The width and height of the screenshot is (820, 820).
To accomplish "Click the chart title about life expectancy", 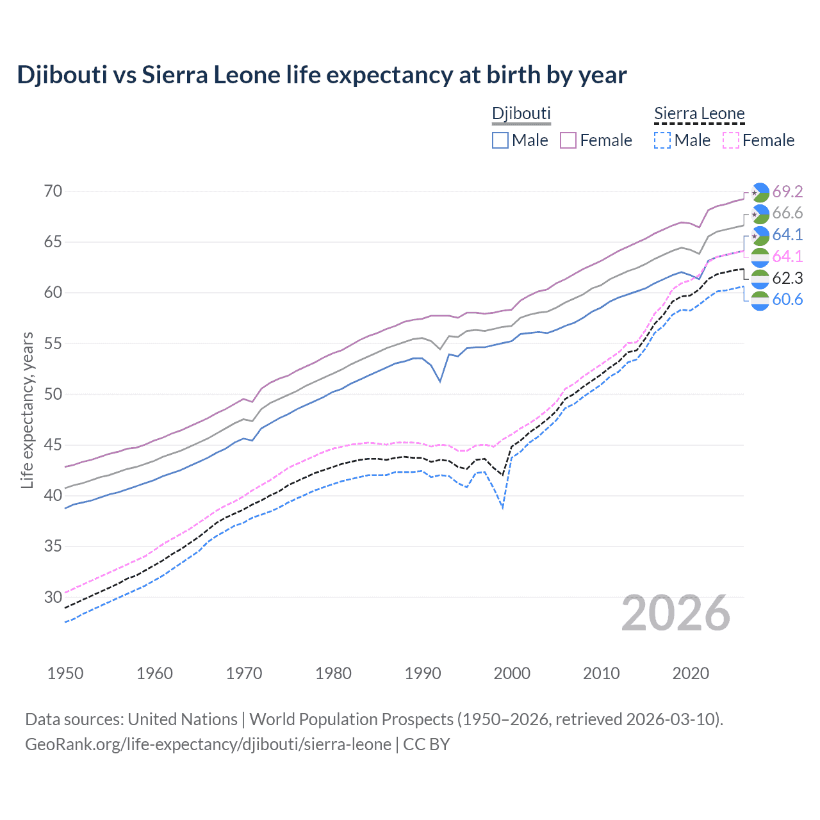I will click(322, 75).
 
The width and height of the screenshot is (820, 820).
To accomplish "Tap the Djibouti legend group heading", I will click(521, 113).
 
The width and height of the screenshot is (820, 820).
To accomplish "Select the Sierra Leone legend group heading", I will click(699, 113).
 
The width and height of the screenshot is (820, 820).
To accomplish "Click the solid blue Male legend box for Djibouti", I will click(500, 140).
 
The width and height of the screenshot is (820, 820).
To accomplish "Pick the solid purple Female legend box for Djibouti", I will click(568, 140).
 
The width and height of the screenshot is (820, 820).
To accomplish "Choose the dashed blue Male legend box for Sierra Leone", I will click(662, 140).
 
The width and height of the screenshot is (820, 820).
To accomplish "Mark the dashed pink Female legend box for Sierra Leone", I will click(731, 140).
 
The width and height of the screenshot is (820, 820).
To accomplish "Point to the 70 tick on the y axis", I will click(54, 191).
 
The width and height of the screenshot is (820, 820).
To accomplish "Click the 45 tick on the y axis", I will click(54, 445).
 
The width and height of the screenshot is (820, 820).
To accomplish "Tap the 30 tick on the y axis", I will click(54, 597).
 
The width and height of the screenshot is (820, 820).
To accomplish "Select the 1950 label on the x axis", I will click(65, 673).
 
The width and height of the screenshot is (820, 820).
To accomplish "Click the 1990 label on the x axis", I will click(423, 673).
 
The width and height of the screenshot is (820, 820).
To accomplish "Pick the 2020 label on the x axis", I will click(691, 673).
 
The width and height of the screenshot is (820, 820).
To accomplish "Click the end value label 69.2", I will click(787, 192).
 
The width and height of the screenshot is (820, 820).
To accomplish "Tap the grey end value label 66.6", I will click(787, 213).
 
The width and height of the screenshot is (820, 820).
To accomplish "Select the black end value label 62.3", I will click(787, 278).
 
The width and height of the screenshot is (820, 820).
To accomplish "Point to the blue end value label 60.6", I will click(787, 300).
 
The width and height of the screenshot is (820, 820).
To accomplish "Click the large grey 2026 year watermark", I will click(676, 613).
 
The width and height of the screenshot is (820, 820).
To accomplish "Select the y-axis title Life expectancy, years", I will click(28, 410).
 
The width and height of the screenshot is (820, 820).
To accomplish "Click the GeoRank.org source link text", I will click(208, 744).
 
